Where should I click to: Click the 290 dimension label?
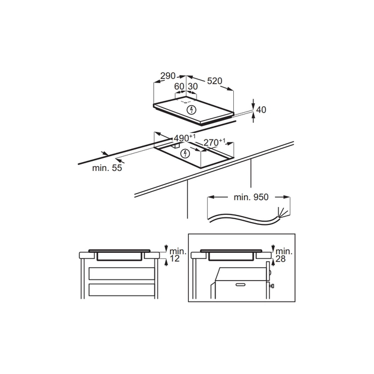tap(168, 76)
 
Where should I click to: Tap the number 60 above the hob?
tap(179, 87)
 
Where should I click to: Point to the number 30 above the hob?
tap(192, 87)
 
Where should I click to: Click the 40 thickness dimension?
tap(261, 109)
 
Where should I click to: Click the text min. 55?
tap(107, 169)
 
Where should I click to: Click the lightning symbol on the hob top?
tap(191, 109)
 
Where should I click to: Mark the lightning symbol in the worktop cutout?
tap(185, 153)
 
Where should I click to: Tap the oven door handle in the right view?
tap(240, 284)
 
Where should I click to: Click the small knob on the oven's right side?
tap(271, 287)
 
